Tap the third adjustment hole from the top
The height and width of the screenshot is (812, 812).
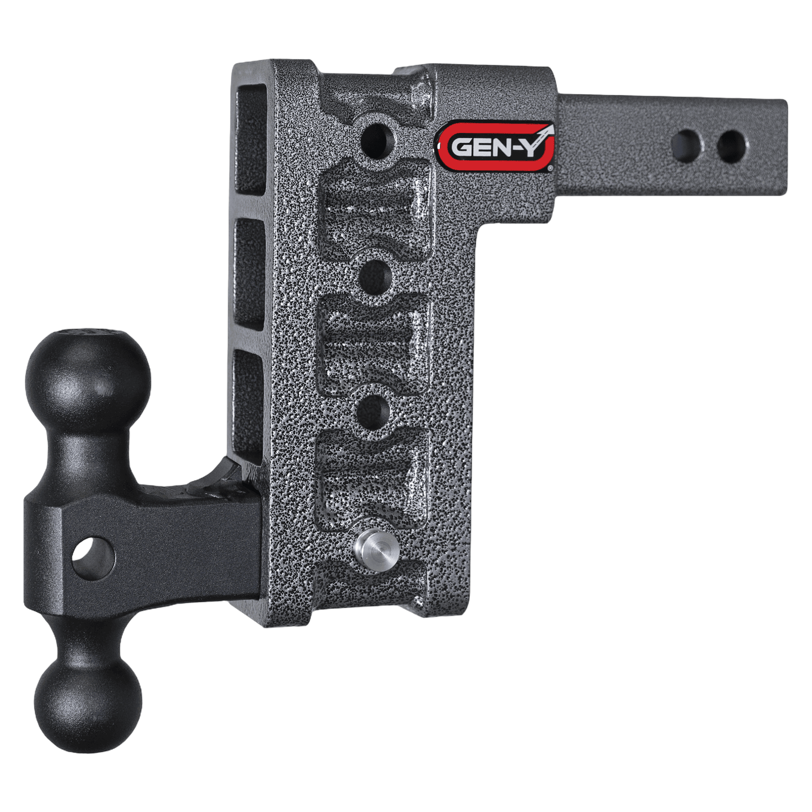tap(374, 412)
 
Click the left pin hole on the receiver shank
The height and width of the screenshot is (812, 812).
tap(687, 146)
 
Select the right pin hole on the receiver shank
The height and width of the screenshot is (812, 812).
tap(731, 146)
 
